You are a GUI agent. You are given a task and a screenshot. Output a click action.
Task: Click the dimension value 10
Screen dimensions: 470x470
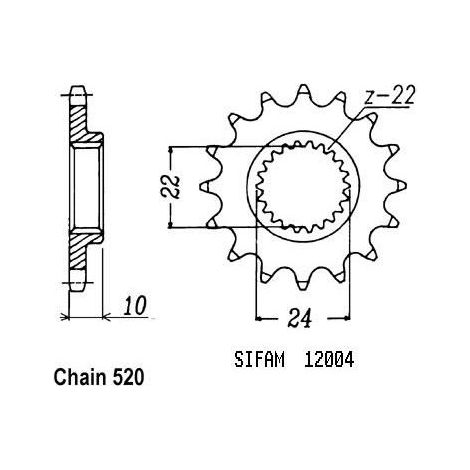pos(136,306)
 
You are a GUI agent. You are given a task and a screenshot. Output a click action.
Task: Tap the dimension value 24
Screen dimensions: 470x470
pos(299,318)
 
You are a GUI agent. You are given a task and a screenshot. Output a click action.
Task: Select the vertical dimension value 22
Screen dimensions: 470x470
pos(174,186)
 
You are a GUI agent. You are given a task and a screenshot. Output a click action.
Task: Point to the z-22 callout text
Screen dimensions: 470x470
pos(389,96)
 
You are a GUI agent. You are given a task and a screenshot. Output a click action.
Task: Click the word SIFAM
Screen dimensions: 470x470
pos(260,360)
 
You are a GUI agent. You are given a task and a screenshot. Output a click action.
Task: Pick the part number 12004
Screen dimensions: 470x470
pos(329,360)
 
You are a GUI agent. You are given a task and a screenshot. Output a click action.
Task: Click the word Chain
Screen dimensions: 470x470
pos(80,378)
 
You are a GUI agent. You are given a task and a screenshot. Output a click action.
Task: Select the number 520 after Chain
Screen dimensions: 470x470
pos(129,378)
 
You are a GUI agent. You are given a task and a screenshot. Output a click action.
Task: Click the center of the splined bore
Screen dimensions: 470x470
pos(303,186)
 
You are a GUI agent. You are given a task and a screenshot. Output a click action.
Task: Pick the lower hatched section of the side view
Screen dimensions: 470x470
pos(80,249)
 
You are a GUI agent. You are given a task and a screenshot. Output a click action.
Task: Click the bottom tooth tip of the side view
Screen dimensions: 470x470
pos(78,287)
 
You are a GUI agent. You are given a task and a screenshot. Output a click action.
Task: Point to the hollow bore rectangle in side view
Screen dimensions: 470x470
pos(86,187)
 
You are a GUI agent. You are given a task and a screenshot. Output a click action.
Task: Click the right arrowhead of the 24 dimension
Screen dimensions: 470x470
pos(347,319)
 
